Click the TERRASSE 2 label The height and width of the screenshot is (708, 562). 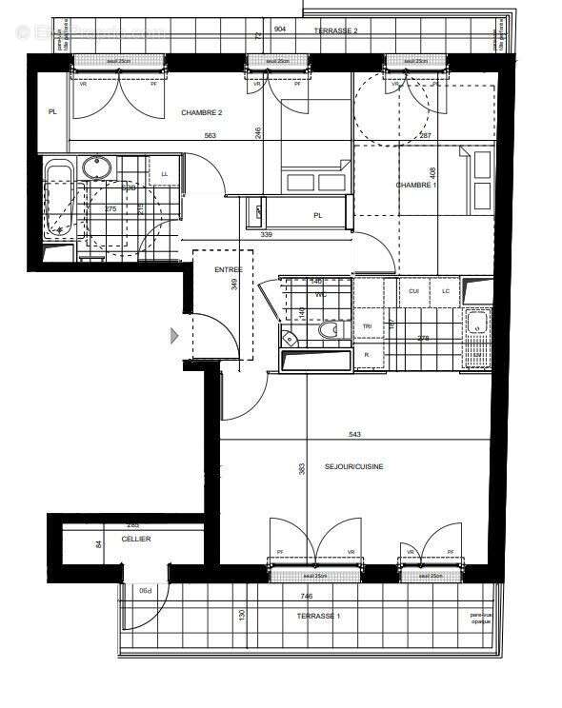coord(336,30)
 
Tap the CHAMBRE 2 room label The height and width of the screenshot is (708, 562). coord(201,113)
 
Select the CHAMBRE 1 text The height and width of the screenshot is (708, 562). coord(416,185)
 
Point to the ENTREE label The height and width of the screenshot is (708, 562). coord(228,270)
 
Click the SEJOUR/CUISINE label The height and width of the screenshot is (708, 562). coord(354,468)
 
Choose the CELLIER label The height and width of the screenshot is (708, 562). coord(135,539)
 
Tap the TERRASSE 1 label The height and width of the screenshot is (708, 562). coord(317,616)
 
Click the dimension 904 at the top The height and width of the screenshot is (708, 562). coord(280,29)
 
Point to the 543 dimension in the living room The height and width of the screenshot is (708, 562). coord(355,435)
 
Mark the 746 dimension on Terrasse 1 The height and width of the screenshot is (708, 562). coord(308,595)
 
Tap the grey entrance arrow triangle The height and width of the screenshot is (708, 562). coord(174,335)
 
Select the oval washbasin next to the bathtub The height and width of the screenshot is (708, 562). coord(95,168)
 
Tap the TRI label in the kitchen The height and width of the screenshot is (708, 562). coord(367,326)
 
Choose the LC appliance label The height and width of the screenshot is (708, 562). coord(445,290)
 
